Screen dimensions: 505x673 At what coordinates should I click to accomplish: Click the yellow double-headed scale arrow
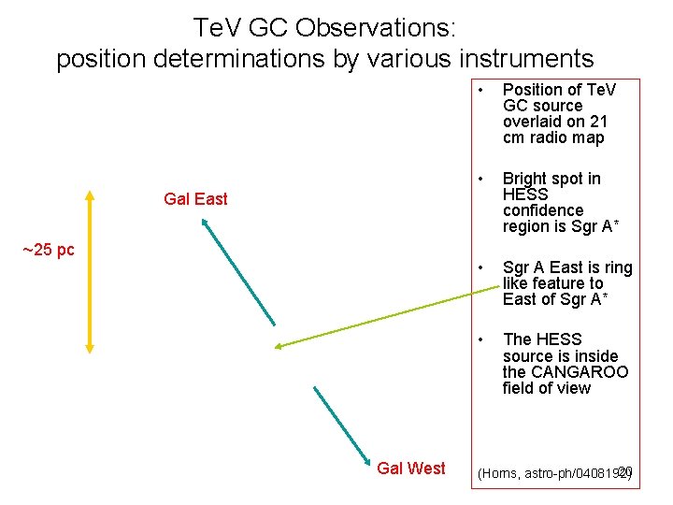pyautogui.click(x=90, y=271)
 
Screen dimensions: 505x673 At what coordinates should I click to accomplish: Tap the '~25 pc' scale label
pyautogui.click(x=48, y=250)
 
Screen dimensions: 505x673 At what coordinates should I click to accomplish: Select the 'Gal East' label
pyautogui.click(x=195, y=198)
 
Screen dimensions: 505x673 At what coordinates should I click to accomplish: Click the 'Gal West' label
pyautogui.click(x=410, y=468)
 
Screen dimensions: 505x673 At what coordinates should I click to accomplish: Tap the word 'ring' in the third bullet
pyautogui.click(x=617, y=267)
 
